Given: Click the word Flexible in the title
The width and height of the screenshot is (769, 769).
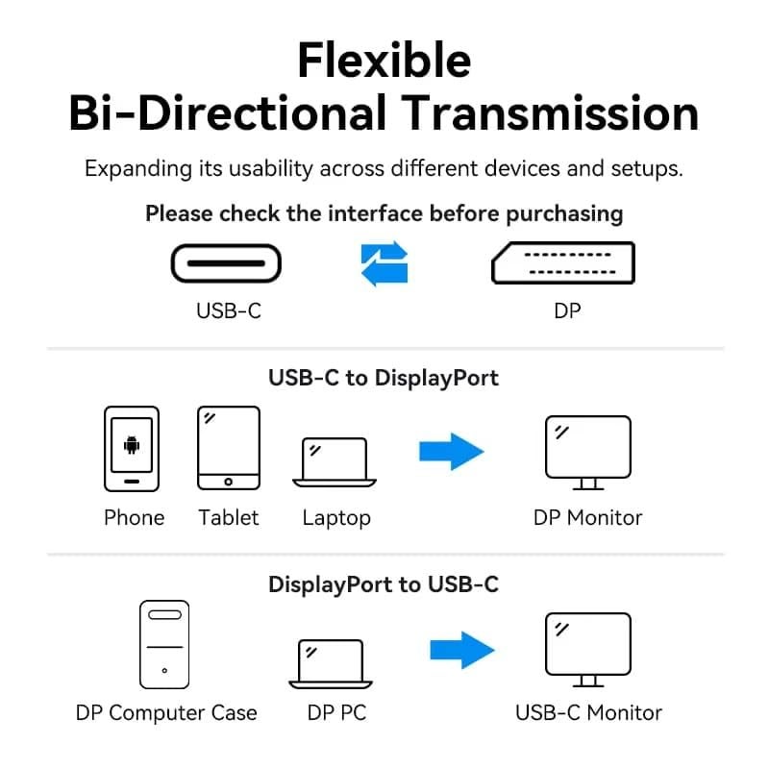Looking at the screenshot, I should [384, 60].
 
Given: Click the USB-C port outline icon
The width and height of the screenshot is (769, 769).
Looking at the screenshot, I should [227, 263].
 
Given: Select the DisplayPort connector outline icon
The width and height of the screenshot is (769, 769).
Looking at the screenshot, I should [563, 262].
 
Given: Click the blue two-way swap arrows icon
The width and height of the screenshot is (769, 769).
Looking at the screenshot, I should [384, 263].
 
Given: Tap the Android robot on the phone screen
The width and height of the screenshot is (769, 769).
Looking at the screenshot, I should [132, 445].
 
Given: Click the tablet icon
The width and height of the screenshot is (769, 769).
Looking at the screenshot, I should [229, 448].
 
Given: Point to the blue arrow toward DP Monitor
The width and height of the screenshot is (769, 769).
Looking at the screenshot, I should [451, 450].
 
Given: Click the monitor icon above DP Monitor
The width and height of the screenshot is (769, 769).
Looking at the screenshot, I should [587, 450].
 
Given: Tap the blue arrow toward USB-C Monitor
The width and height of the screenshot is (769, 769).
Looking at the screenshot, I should [461, 649].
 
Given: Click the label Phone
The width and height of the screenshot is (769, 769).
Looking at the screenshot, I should [134, 517].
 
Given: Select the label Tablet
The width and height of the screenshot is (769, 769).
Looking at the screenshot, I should [229, 517].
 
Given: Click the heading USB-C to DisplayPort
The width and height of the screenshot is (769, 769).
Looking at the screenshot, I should [384, 378].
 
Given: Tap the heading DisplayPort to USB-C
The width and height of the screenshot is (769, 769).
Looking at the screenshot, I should [384, 583].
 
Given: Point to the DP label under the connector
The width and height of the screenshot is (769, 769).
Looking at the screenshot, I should [567, 310].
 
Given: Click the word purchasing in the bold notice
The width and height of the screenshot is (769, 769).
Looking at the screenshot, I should [564, 213].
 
